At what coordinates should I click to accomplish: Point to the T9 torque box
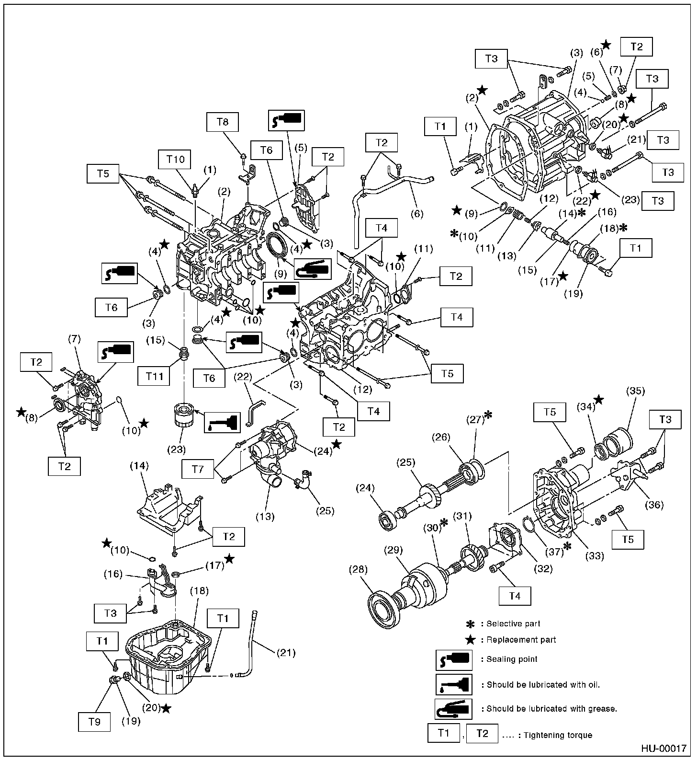point(95,722)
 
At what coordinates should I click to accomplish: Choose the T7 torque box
point(198,469)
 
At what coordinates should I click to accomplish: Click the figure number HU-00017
point(664,749)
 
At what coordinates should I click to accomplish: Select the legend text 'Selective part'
point(513,623)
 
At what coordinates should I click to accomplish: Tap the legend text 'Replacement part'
point(521,639)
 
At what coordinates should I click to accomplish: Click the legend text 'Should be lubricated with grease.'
point(551,708)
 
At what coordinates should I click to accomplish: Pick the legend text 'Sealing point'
point(512,659)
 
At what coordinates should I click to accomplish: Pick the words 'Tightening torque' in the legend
point(563,735)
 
